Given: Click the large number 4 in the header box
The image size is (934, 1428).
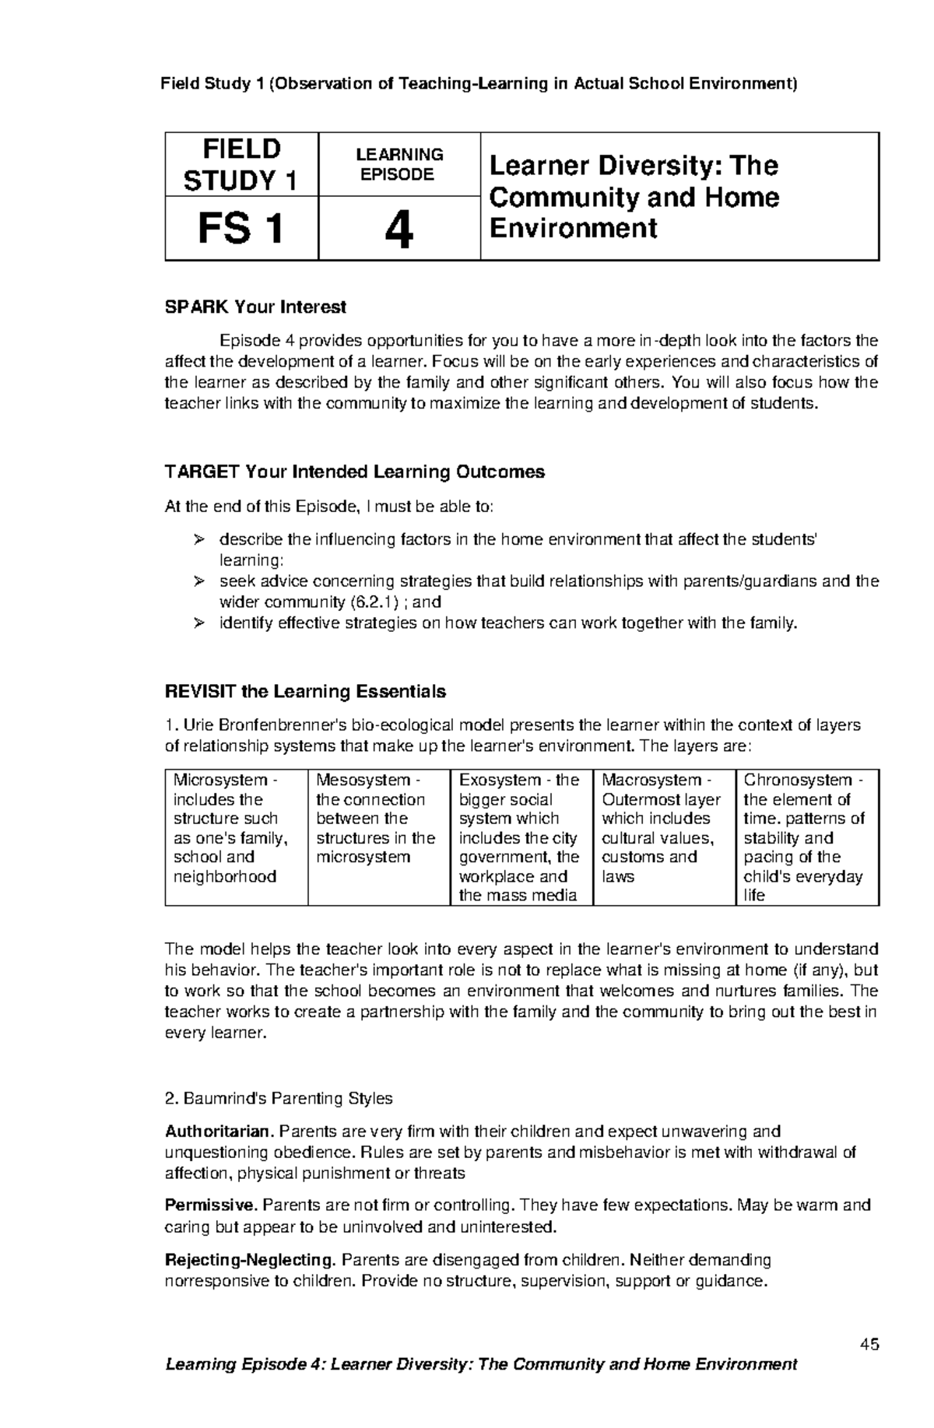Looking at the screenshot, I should tap(399, 230).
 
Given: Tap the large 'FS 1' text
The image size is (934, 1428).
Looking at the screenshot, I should tap(241, 230).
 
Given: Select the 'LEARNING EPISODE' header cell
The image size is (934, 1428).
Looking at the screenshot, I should tap(399, 165).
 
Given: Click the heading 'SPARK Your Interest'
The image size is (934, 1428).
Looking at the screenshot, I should tap(255, 307).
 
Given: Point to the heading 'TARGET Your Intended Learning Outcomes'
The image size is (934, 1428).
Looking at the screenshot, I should tap(354, 472).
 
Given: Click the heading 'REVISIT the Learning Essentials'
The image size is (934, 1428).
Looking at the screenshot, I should tap(305, 692).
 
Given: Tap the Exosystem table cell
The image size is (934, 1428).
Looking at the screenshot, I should tap(521, 837).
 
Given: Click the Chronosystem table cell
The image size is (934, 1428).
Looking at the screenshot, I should tap(806, 837).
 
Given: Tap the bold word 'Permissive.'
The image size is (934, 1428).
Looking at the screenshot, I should tap(211, 1206).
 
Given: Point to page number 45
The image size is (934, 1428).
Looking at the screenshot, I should tap(869, 1345).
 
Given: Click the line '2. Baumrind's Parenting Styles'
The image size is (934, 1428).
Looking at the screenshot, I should tap(279, 1099).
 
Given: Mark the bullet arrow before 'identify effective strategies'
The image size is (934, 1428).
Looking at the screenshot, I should tap(198, 623).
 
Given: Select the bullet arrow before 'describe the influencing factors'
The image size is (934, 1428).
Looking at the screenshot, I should tap(198, 540).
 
